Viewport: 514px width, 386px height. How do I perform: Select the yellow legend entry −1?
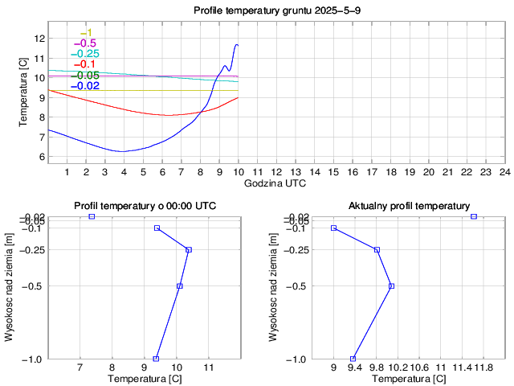87,32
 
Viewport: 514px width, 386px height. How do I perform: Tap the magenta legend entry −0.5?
84,43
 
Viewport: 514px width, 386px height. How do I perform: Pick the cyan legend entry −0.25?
84,54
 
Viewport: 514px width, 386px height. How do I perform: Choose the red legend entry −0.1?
84,64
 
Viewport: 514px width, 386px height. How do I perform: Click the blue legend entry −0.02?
84,86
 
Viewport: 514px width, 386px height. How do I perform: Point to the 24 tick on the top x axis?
504,171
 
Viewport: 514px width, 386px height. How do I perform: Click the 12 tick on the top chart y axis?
39,38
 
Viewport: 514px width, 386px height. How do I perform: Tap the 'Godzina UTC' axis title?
275,183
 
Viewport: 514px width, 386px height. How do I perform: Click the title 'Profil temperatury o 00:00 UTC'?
145,206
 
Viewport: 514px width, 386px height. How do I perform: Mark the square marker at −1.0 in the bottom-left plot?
156,359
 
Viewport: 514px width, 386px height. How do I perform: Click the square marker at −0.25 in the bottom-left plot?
189,250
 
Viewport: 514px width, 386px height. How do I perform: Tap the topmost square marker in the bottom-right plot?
474,216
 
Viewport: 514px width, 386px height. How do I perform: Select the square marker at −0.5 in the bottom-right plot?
391,285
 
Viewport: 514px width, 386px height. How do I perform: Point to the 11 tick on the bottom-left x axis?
209,368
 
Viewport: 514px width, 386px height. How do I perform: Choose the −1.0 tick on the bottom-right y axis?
298,359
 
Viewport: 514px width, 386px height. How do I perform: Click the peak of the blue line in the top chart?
236,44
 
